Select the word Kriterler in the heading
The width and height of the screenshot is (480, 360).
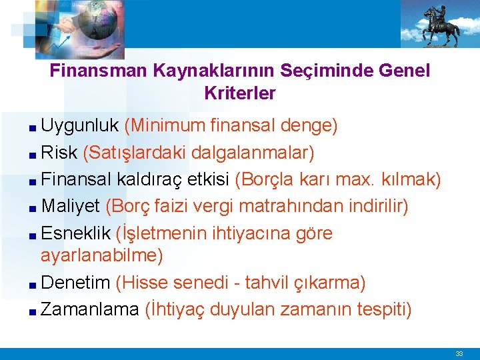[x=240, y=93]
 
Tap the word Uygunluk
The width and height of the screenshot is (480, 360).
[x=80, y=125]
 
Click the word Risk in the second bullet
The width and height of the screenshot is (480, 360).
[x=59, y=153]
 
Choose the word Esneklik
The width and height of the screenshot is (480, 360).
[x=75, y=233]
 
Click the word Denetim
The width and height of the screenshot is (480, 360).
[x=75, y=283]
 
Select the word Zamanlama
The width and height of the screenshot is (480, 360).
[x=90, y=309]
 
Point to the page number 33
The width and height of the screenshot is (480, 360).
[x=459, y=353]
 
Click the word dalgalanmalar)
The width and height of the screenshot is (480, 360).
[x=253, y=153]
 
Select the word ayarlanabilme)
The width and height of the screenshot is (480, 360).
[x=101, y=255]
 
